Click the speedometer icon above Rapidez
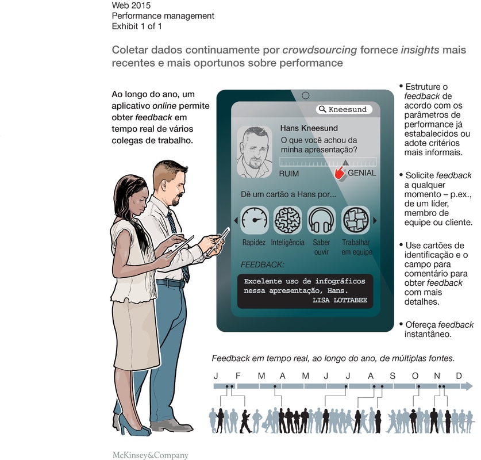click(255, 220)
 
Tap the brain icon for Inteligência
click(288, 220)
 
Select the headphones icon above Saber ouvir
click(321, 220)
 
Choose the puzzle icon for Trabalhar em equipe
click(356, 220)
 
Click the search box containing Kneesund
click(344, 109)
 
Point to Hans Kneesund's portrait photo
click(255, 152)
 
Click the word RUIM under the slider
click(288, 174)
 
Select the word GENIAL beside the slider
click(361, 173)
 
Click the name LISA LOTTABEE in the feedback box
click(340, 300)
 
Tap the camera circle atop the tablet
click(305, 95)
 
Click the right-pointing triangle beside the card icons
click(375, 220)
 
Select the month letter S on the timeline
click(393, 376)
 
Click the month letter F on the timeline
click(238, 376)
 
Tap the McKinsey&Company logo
click(151, 455)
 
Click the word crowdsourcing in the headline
click(320, 49)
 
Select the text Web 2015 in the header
click(131, 5)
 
